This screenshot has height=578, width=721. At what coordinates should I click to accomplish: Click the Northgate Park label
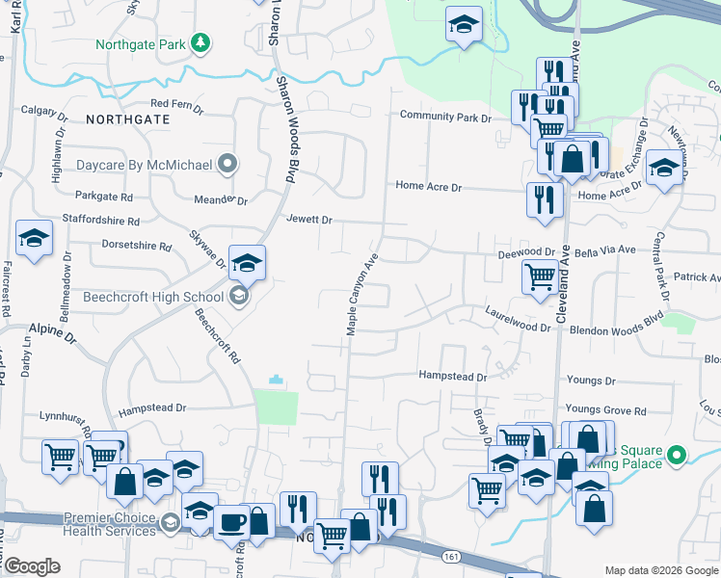(141, 43)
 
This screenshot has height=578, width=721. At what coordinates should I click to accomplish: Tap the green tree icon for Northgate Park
(200, 42)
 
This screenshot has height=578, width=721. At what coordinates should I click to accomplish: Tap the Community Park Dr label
(446, 118)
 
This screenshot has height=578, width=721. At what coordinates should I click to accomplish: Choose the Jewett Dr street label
(308, 220)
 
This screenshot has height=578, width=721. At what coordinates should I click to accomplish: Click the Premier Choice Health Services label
(111, 524)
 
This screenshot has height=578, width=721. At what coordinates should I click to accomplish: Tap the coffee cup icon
(230, 521)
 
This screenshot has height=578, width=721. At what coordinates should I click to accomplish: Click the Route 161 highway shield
(452, 556)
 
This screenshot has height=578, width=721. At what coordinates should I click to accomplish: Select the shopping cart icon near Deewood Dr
(541, 277)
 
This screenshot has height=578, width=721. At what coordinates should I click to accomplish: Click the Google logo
(32, 565)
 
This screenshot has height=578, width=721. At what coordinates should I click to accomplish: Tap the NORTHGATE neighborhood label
(127, 119)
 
